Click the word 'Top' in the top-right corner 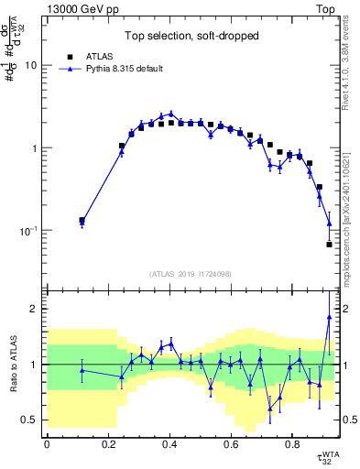click(327, 8)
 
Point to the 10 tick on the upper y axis click(33, 66)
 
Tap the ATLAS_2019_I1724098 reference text click(191, 273)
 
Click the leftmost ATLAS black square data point click(82, 220)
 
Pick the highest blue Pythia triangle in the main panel click(170, 114)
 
